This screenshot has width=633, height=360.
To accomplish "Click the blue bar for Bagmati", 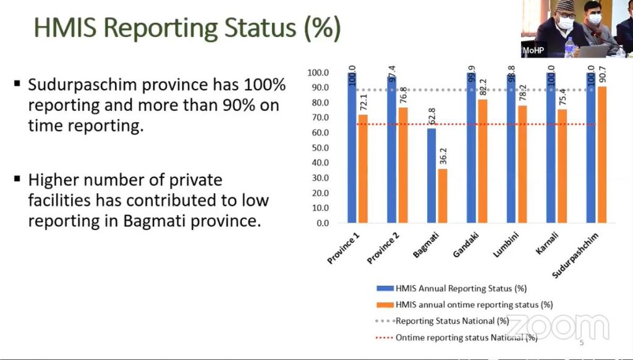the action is coord(431,175).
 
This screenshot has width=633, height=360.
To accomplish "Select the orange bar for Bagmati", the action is coord(443,195).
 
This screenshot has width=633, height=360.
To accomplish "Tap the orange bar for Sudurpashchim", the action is coord(601,155).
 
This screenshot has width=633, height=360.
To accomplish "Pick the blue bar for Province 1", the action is coord(352,147).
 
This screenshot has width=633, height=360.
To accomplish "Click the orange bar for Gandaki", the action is coord(482,161).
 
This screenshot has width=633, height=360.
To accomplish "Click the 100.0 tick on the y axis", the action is coord(318,73).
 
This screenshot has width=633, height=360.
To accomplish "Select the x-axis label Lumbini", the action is coord(506,245).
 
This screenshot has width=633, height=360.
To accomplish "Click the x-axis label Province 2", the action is coord(383,249).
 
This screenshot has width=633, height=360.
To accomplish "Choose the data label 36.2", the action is coord(443,156).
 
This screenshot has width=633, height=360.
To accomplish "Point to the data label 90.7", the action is coord(602,74).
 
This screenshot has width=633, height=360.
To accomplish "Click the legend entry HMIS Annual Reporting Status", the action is coord(451,288).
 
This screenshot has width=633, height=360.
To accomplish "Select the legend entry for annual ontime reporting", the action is coord(464,305).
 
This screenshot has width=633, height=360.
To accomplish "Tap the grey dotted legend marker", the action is coord(384,321).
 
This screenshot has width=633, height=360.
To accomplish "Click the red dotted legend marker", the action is coord(384,338).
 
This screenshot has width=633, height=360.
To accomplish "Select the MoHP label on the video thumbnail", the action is coord(533,51).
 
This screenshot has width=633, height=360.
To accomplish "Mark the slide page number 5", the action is coord(582,343).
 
